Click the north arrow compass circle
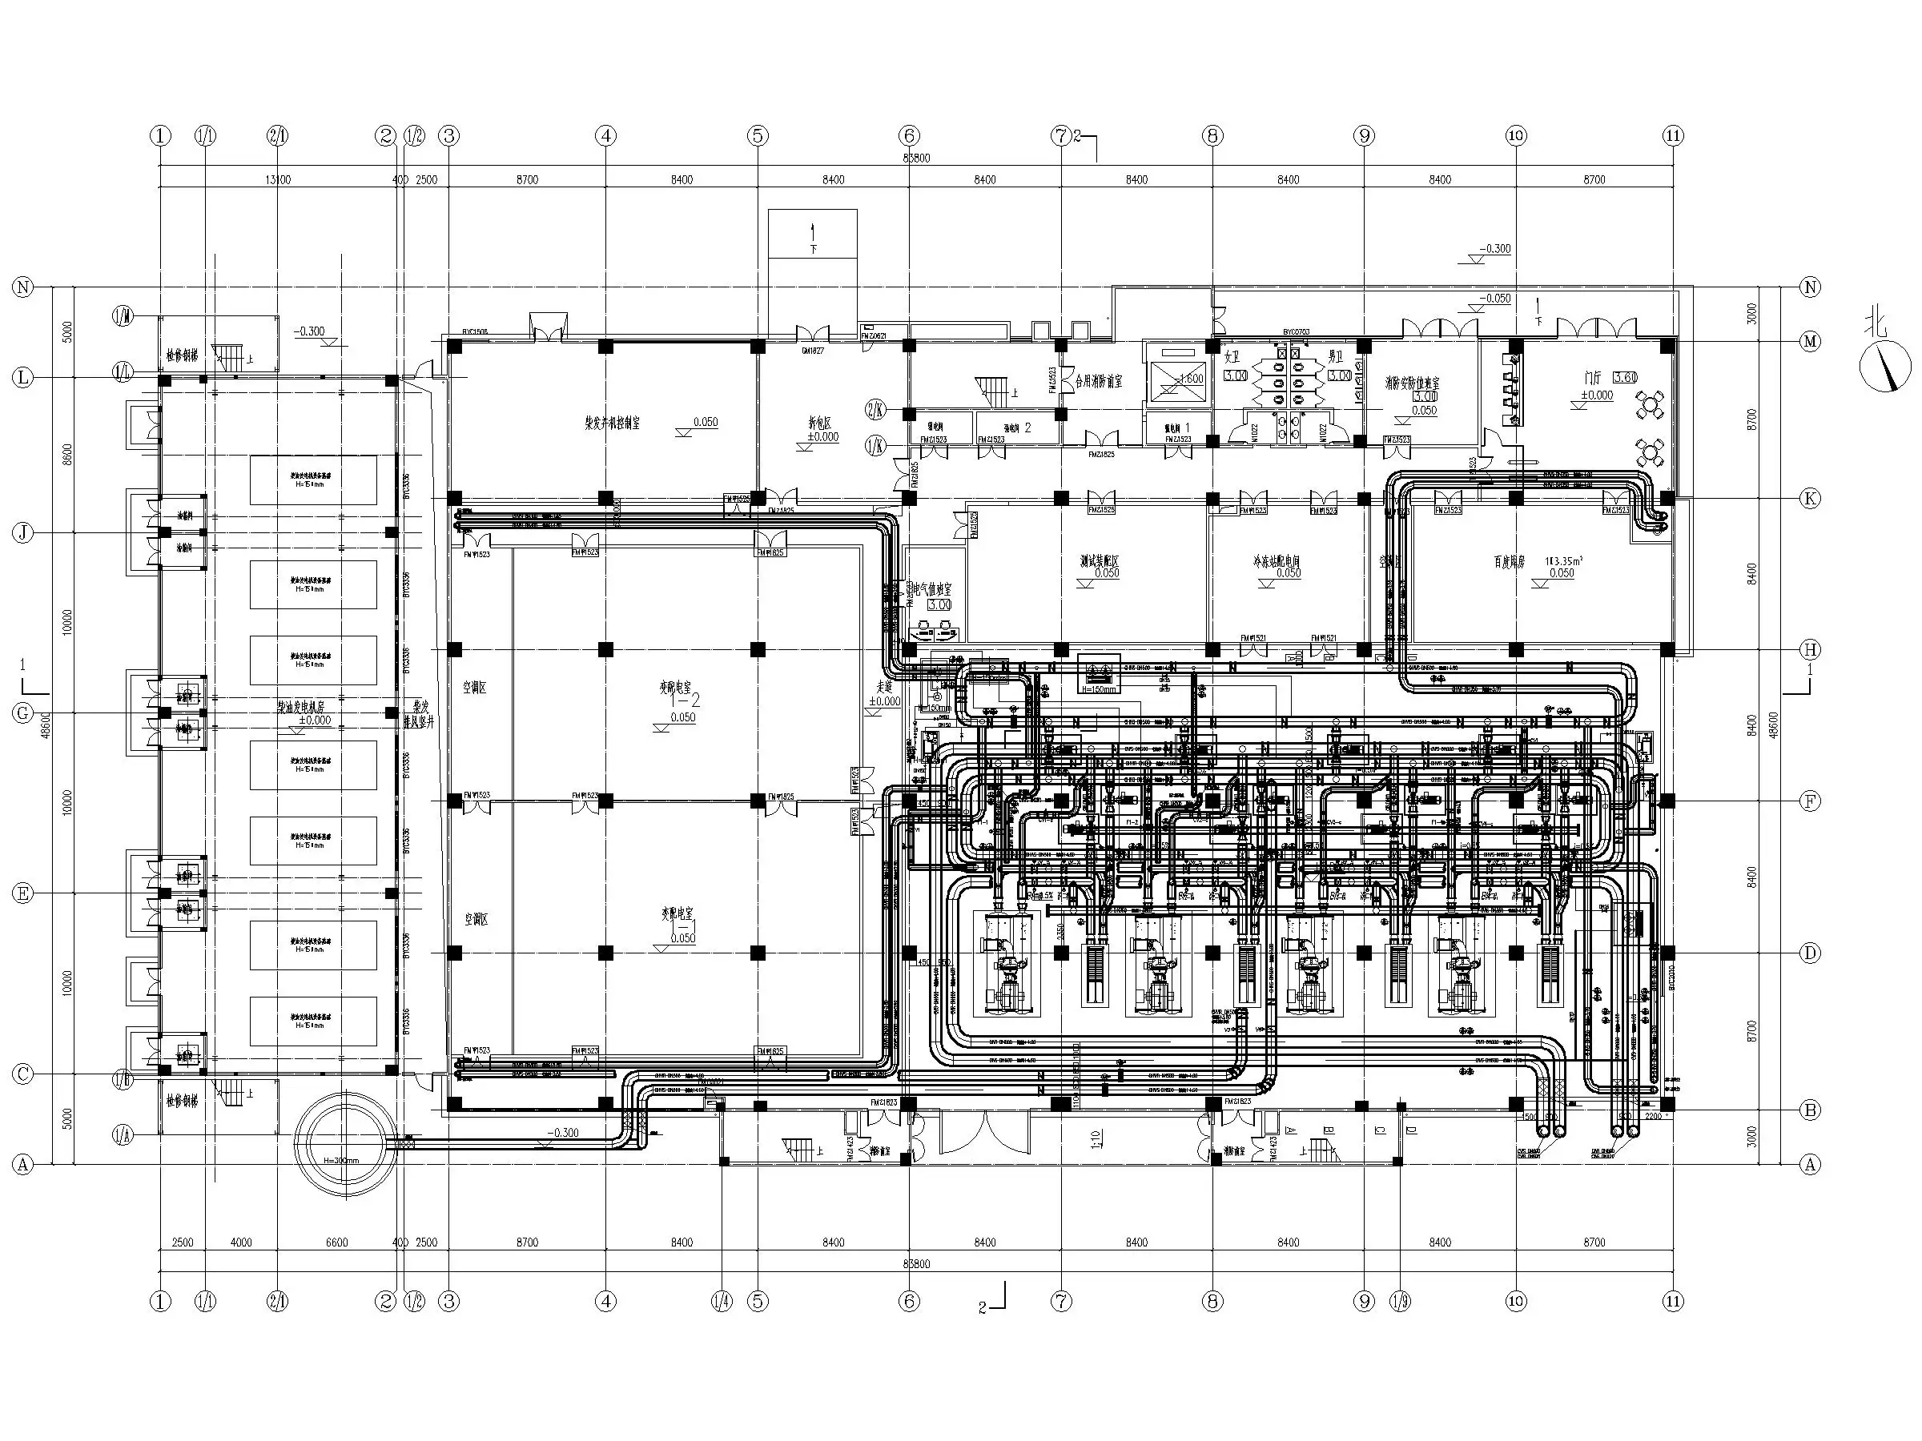pos(1885,366)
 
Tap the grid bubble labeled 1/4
pos(722,1301)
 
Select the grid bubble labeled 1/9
pos(1400,1301)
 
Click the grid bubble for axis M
pos(1810,341)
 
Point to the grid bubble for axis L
pos(23,378)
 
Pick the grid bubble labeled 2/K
pos(876,408)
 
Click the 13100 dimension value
pos(277,180)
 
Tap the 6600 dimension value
pos(336,1242)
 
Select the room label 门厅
pos(1593,378)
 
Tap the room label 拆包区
pos(819,423)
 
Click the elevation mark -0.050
pos(1496,298)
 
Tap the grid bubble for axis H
pos(1810,650)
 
